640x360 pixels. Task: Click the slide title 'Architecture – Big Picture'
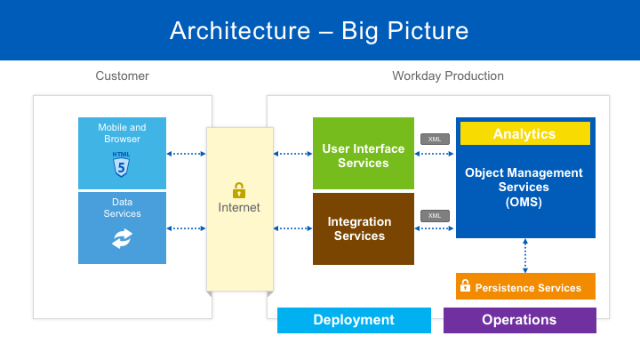[x=319, y=31]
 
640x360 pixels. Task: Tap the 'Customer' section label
[x=122, y=76]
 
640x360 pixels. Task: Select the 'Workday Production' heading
[x=448, y=76]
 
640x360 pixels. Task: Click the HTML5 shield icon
[x=121, y=164]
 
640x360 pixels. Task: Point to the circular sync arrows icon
[x=122, y=238]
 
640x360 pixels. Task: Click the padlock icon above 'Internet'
[x=239, y=190]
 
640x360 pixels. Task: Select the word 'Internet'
[x=239, y=208]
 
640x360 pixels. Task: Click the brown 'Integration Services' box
[x=363, y=228]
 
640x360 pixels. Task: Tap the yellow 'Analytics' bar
[x=524, y=134]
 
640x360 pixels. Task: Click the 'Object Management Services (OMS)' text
[x=524, y=188]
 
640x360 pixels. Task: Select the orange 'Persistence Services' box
[x=525, y=287]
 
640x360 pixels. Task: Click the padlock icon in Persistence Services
[x=465, y=286]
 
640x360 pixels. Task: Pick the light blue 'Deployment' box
[x=354, y=320]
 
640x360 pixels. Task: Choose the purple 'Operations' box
[x=519, y=320]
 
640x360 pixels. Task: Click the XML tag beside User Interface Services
[x=435, y=139]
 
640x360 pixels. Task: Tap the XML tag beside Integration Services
[x=435, y=216]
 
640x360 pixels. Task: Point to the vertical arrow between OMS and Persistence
[x=525, y=256]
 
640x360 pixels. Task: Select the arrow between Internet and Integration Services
[x=292, y=228]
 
